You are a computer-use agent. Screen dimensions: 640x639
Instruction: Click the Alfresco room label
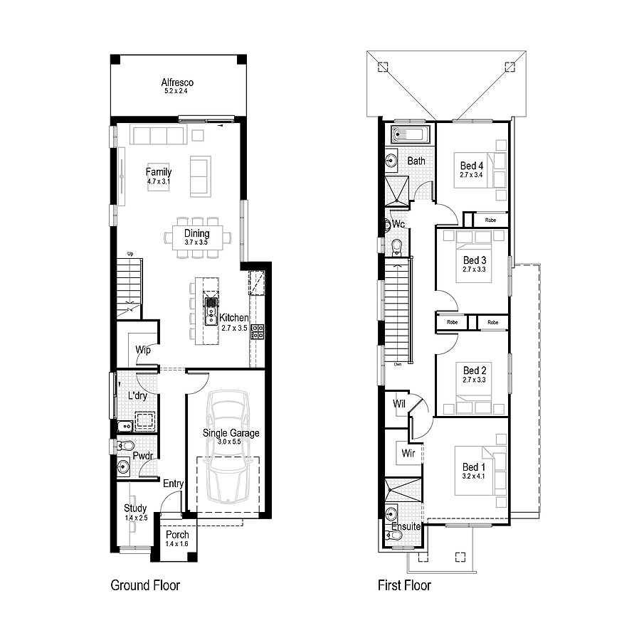click(x=177, y=82)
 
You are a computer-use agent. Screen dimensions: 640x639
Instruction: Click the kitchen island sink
click(x=211, y=311)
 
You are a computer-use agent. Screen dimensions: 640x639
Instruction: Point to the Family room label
click(x=159, y=172)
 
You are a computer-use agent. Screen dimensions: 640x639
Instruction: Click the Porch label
click(x=177, y=535)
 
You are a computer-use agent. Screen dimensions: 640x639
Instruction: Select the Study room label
click(x=135, y=508)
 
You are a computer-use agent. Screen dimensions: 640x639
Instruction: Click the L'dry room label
click(x=138, y=395)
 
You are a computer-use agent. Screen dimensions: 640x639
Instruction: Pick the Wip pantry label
click(x=143, y=350)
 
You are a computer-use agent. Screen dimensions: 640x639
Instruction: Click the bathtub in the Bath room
click(x=411, y=135)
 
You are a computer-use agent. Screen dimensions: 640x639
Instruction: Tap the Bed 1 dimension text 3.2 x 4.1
click(x=474, y=476)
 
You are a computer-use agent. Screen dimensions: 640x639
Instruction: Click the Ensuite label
click(x=406, y=527)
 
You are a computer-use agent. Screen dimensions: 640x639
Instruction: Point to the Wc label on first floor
click(x=398, y=225)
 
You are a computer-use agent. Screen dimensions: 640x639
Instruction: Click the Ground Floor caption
click(x=145, y=585)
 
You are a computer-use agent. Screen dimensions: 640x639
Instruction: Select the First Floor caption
click(x=404, y=585)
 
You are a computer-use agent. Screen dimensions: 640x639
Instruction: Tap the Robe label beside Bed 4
click(x=491, y=220)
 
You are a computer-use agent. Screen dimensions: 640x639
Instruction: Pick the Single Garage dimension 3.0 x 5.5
click(x=231, y=442)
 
